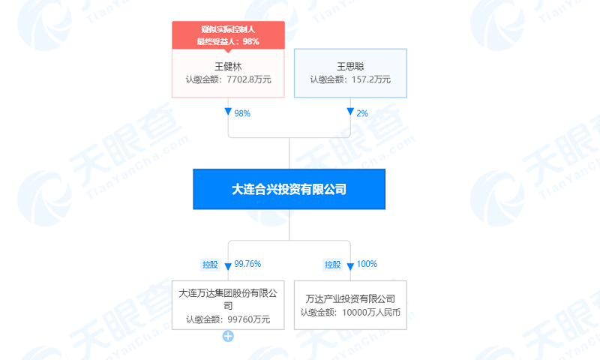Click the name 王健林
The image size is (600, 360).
228,65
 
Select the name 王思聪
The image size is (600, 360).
350,65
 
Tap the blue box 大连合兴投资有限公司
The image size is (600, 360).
289,189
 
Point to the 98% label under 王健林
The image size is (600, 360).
241,113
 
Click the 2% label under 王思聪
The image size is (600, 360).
362,113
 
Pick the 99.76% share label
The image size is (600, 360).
247,264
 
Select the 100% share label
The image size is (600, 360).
367,264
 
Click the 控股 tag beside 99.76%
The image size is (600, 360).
209,265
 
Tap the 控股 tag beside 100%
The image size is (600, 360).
332,265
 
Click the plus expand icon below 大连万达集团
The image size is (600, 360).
228,336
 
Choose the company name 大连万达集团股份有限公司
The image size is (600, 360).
228,294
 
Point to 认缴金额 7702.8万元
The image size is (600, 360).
228,79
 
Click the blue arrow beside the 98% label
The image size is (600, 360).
228,112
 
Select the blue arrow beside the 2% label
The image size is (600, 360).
350,112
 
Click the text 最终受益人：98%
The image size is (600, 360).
228,40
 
